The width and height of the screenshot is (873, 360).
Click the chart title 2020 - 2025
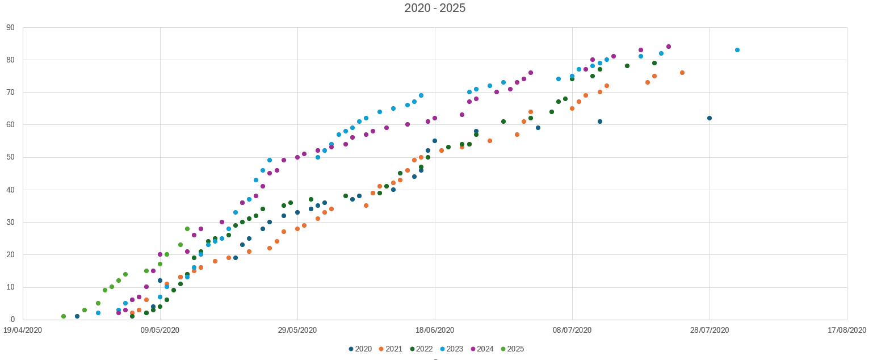point(435,8)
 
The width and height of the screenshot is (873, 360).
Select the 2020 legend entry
point(359,349)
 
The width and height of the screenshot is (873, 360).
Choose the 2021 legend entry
point(390,349)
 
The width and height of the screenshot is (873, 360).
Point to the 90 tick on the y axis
point(11,27)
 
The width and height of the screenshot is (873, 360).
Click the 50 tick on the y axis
point(11,157)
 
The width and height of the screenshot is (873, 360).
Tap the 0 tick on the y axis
point(12,320)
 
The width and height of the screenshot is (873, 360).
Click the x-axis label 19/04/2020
point(23,330)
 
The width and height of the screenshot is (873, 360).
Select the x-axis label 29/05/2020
point(297,330)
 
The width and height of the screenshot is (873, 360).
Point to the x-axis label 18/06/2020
point(435,330)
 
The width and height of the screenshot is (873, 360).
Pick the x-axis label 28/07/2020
point(710,330)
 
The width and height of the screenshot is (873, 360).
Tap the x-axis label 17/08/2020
point(847,330)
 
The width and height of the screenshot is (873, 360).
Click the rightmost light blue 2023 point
point(737,50)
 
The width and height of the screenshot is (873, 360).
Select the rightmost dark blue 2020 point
point(710,118)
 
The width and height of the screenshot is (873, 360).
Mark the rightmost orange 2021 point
point(682,73)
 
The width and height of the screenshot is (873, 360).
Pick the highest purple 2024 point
point(669,47)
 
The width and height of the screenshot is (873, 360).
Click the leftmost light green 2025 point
point(64,316)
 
